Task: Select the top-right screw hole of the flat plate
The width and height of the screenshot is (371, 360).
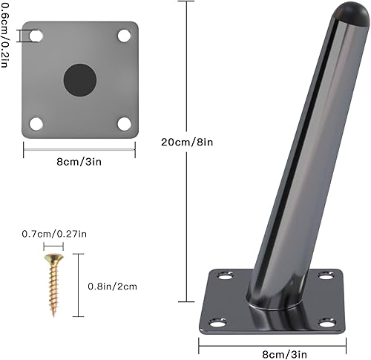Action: pyautogui.click(x=123, y=35)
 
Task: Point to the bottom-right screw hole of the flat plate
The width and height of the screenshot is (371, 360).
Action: pyautogui.click(x=123, y=123)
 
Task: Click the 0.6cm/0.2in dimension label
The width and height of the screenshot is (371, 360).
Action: pyautogui.click(x=7, y=33)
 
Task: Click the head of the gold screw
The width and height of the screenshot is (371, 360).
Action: pyautogui.click(x=53, y=259)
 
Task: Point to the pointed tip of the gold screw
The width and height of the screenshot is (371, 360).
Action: pyautogui.click(x=53, y=314)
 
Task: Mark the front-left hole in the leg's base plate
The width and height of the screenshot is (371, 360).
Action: pyautogui.click(x=217, y=324)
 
